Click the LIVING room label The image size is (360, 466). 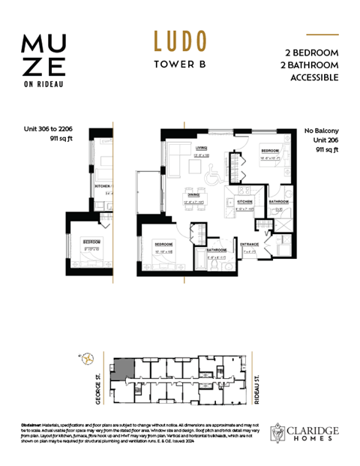click(201, 148)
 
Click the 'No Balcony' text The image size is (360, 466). click(320, 131)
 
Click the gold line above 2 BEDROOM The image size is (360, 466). click(323, 35)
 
